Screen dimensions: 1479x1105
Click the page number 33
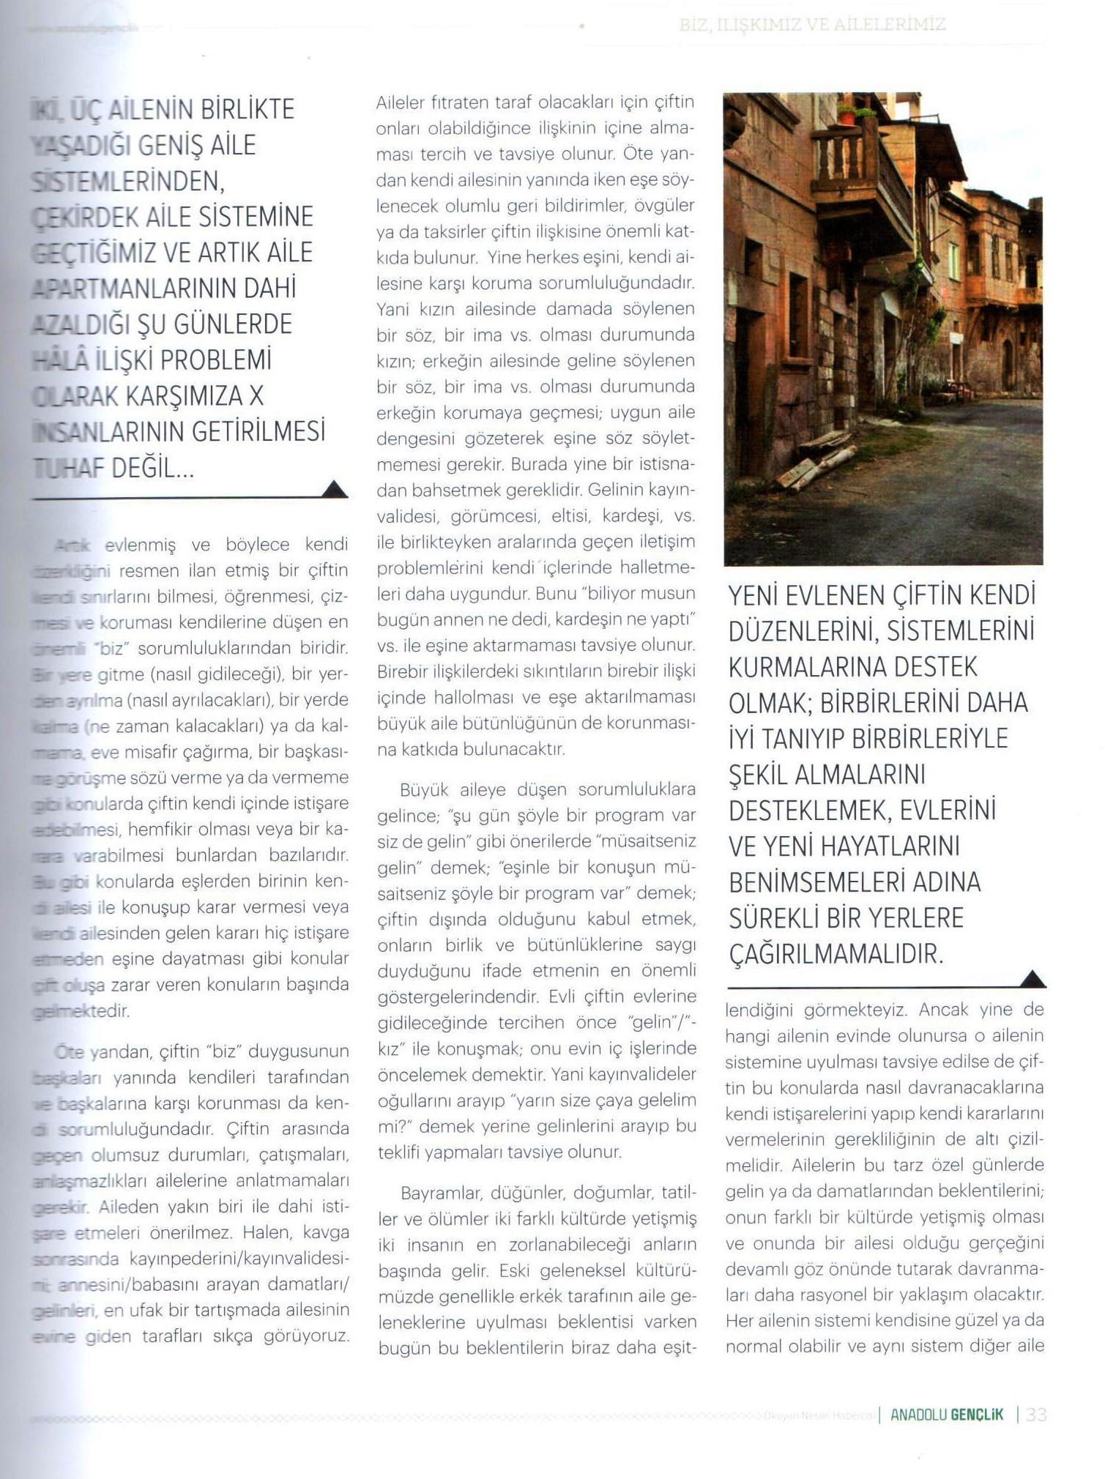point(1036,1414)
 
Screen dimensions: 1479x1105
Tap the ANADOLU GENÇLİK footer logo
point(947,1414)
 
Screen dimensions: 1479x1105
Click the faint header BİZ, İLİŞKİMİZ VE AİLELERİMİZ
point(812,25)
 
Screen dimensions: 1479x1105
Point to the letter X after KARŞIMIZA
point(256,396)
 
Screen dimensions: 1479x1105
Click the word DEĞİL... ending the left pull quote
point(153,468)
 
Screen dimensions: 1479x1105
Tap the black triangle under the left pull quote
point(335,489)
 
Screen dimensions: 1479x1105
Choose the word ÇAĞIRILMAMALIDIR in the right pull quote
point(836,954)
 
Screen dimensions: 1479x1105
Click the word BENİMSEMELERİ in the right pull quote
point(822,882)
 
